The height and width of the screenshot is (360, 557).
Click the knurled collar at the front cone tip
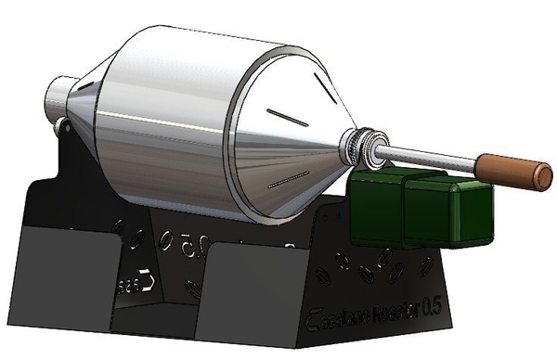click(x=365, y=146)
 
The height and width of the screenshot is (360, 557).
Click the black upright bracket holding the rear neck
click(x=74, y=153)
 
